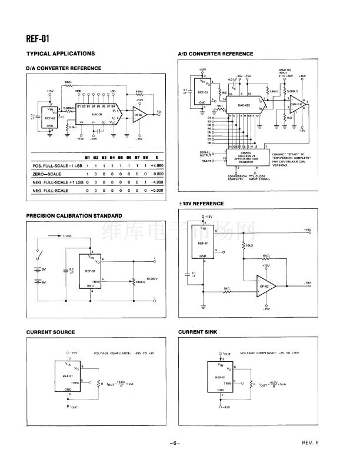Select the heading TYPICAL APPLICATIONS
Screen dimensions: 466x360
pos(61,54)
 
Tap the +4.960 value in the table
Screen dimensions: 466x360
pos(156,166)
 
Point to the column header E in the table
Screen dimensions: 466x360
pos(156,158)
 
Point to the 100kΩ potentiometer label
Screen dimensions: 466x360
pos(141,282)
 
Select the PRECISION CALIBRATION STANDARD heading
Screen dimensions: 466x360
pos(74,215)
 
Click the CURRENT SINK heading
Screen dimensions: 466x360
pos(198,332)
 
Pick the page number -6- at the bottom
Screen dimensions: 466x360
pos(174,442)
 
